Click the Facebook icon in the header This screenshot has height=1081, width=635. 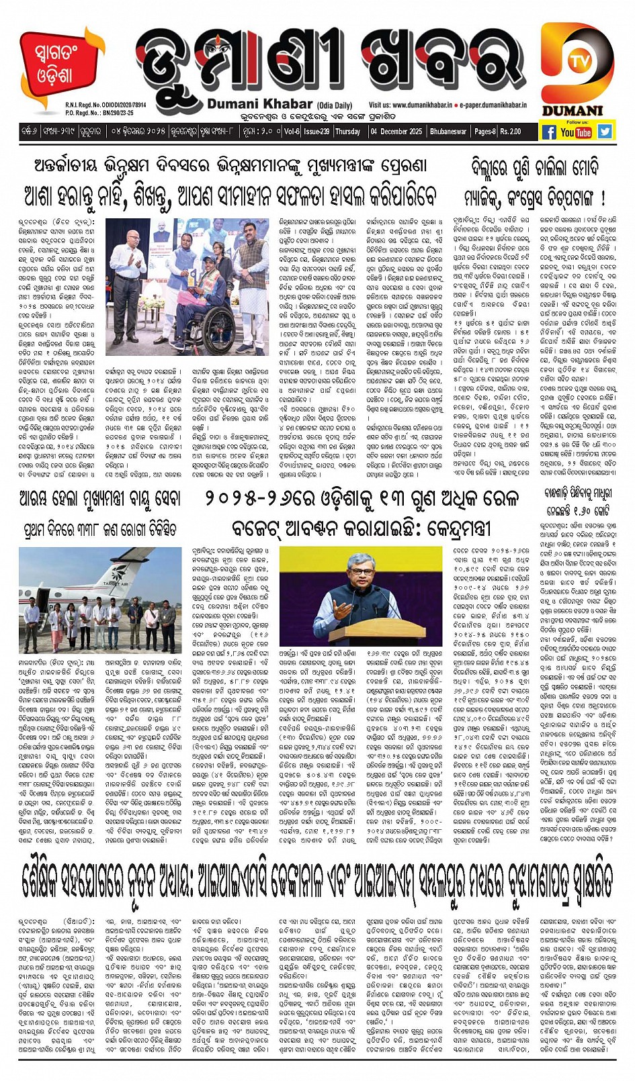click(x=549, y=132)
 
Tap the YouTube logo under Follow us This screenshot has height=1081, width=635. click(x=576, y=132)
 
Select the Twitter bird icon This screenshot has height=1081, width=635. click(x=605, y=132)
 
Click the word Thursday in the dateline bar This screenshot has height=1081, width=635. click(x=347, y=132)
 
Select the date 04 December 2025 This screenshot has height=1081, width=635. click(x=396, y=132)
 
